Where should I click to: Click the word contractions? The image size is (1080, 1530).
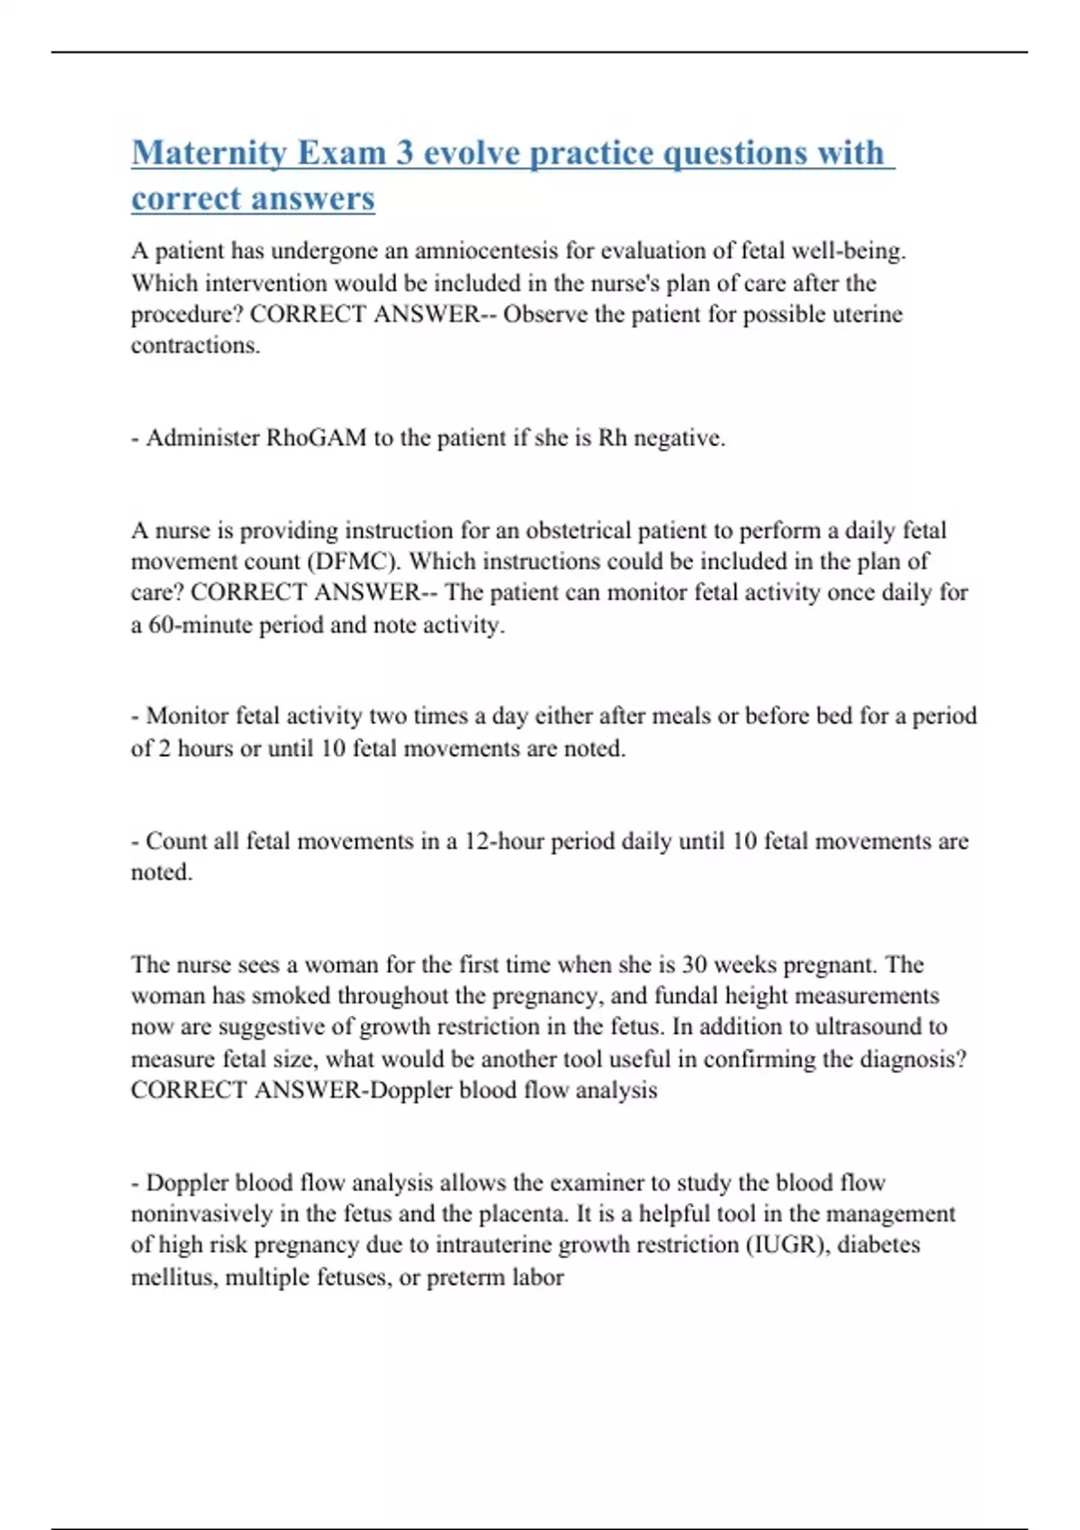coord(195,346)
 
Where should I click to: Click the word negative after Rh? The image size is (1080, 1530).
coord(679,438)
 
